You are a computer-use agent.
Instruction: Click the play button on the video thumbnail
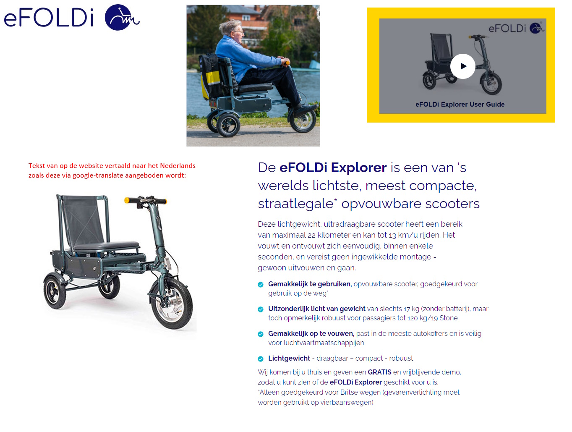coord(462,66)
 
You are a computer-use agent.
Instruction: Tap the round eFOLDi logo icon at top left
coord(122,18)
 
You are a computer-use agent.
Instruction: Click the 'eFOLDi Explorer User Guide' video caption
coord(460,105)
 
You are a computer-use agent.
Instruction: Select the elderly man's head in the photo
coord(232,29)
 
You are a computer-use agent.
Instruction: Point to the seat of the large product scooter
coord(107,246)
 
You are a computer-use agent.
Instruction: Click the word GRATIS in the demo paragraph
coord(379,372)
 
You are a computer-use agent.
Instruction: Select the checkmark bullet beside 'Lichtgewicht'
coord(261,359)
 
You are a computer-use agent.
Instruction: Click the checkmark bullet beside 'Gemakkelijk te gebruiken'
coord(261,285)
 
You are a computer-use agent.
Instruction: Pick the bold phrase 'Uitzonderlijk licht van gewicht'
coord(317,309)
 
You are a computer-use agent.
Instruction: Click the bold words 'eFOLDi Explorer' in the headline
coord(333,168)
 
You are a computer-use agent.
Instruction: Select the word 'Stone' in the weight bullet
coord(448,318)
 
